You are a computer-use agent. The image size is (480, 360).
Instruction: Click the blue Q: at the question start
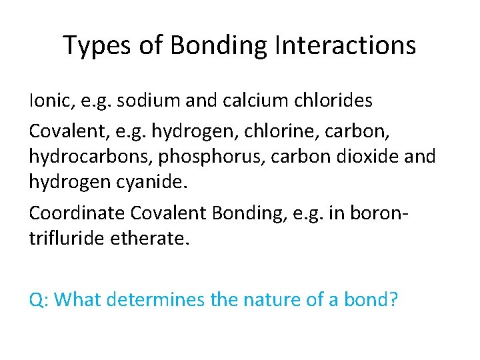pos(38,299)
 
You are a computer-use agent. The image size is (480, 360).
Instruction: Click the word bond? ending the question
pos(370,299)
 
